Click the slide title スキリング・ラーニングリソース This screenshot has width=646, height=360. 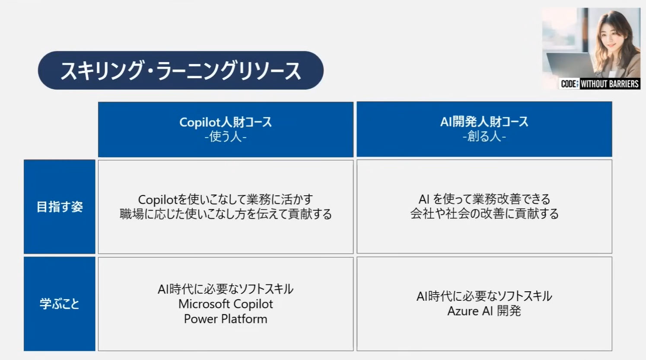tap(181, 71)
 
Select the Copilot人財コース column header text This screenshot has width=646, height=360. tap(226, 122)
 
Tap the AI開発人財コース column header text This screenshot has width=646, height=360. tap(484, 122)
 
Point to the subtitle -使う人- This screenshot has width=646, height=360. tap(226, 137)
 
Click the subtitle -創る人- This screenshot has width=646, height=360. tap(484, 137)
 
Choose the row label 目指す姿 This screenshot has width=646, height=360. tap(60, 207)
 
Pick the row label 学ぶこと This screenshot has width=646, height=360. tap(60, 304)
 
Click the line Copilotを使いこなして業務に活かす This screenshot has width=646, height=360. tap(226, 199)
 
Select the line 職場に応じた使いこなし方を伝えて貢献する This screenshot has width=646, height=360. tap(226, 214)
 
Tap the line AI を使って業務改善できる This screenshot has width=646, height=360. tap(484, 199)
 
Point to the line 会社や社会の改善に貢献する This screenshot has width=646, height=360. tap(484, 213)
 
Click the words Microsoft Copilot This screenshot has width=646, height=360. tap(226, 304)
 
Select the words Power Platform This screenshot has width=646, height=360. tap(226, 319)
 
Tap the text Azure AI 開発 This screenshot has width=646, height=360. tap(484, 311)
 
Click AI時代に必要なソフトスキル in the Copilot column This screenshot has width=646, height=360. tap(226, 289)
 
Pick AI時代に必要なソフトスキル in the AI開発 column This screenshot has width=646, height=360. tap(484, 296)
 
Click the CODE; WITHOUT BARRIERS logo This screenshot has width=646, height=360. tap(600, 84)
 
